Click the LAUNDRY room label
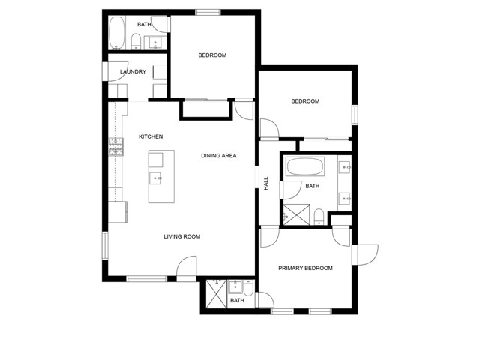[133, 72]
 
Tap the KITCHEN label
[151, 136]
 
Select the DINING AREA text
[219, 156]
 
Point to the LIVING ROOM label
[182, 236]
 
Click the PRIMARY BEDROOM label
[305, 268]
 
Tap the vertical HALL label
[266, 183]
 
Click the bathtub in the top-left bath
[117, 33]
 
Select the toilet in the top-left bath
[136, 42]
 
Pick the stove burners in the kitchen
[115, 147]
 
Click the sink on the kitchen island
[155, 178]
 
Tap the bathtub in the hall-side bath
[305, 166]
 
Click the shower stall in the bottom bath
[217, 293]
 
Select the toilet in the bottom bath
[248, 288]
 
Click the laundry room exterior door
[115, 71]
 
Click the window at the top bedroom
[208, 12]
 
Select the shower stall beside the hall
[296, 215]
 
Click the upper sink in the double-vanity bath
[345, 167]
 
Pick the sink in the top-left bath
[155, 43]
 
